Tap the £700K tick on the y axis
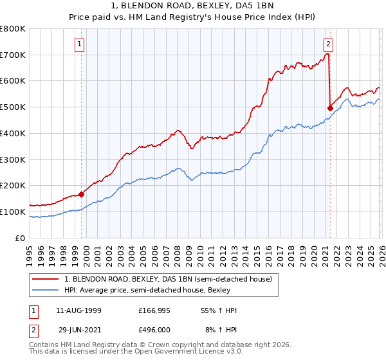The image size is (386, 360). pos(13,55)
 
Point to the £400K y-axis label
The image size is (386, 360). pos(13,134)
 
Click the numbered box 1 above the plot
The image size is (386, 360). pos(80,44)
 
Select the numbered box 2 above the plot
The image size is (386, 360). pos(328,44)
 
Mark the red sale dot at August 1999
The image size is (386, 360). pos(82,194)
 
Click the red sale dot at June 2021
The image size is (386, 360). pos(330,109)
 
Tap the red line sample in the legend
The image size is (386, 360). pos(46,279)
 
